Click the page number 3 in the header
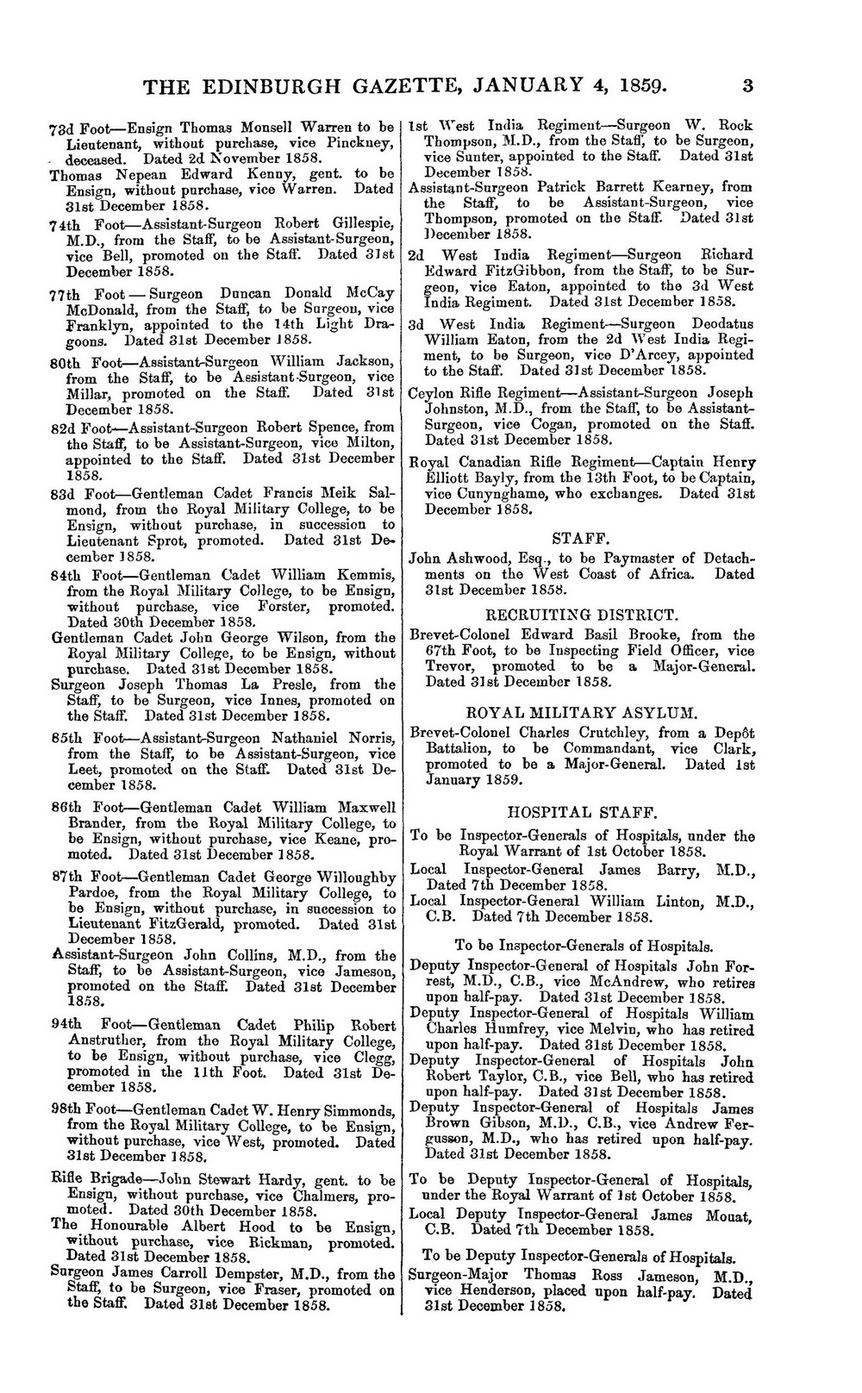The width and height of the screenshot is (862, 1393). pyautogui.click(x=746, y=86)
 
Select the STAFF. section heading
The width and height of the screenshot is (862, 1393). pyautogui.click(x=580, y=538)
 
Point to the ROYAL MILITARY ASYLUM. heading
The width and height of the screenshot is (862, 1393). pyautogui.click(x=581, y=713)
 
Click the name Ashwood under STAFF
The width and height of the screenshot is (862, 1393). pyautogui.click(x=476, y=559)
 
